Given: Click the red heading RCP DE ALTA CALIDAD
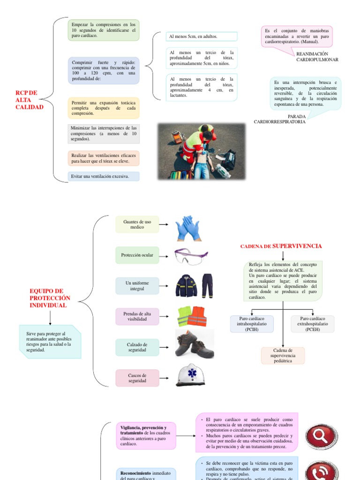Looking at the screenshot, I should point(29,100).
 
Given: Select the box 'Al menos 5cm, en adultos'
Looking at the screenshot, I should point(202,37).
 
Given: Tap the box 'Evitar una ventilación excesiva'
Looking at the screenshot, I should point(104,177).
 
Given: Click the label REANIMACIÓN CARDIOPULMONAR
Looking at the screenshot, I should point(317,57).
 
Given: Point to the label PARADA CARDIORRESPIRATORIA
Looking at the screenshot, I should point(280,119).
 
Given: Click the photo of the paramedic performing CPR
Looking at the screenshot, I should point(201,151).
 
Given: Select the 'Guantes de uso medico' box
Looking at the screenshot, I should point(137,225).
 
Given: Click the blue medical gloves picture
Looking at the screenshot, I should point(187,228).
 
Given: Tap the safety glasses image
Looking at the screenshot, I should point(190,256).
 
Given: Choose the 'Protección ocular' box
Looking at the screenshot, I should point(137,255).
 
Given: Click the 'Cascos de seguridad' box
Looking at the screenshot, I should point(137,378).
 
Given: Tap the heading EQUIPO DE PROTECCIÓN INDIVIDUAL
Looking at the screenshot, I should point(50,298).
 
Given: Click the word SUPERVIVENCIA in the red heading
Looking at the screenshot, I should point(297,246).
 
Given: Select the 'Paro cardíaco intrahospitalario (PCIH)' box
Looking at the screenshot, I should point(252,324).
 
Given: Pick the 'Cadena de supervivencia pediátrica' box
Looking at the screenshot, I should point(283,356).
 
